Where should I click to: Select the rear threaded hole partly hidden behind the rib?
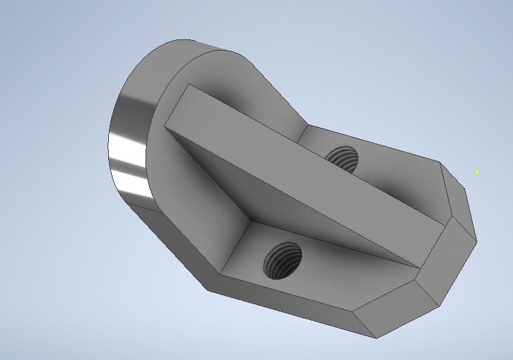[344, 159]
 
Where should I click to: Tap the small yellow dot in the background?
[477, 172]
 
